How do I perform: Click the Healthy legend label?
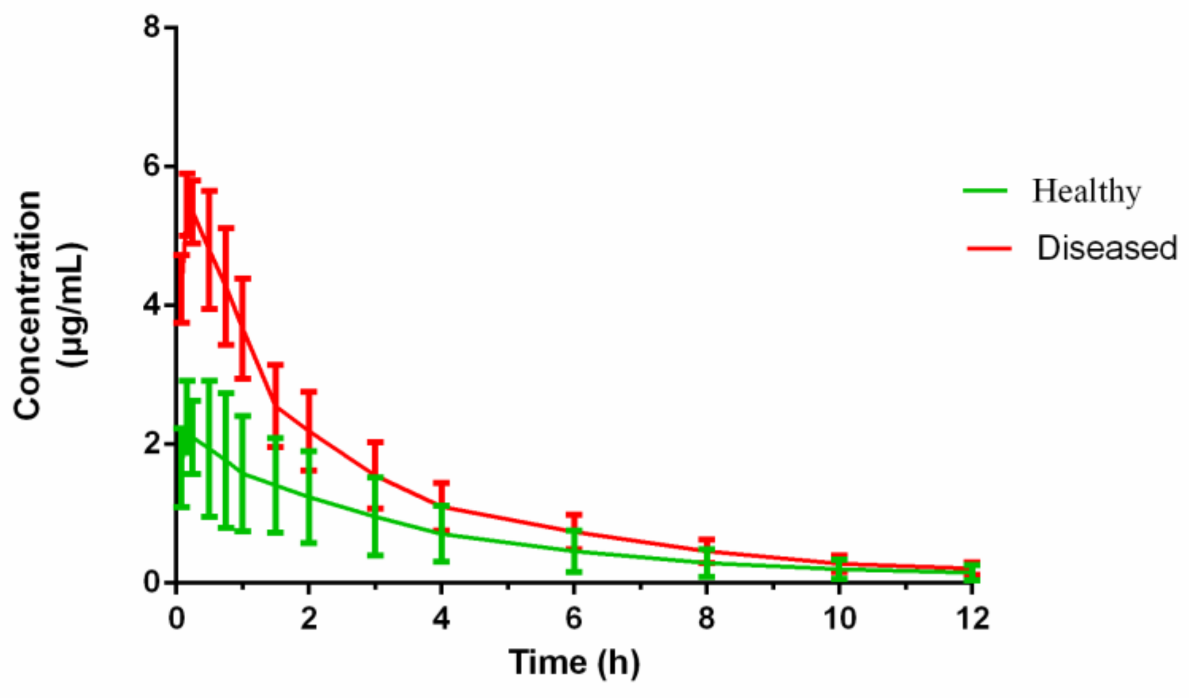(1086, 192)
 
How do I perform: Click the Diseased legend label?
(1106, 248)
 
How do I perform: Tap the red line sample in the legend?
(989, 247)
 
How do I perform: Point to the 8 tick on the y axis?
(151, 26)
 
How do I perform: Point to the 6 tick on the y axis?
(151, 166)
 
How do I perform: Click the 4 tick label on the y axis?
(151, 305)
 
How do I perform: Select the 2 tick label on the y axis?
(151, 443)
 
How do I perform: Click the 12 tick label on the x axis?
(972, 618)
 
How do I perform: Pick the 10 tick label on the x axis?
(839, 618)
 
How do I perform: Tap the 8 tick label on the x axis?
(707, 618)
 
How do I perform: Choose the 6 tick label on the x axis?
(574, 618)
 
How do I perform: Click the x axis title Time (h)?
(574, 662)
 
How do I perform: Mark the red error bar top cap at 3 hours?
(375, 442)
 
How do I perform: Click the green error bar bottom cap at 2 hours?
(309, 543)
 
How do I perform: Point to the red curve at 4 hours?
(442, 506)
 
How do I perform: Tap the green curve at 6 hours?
(574, 551)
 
